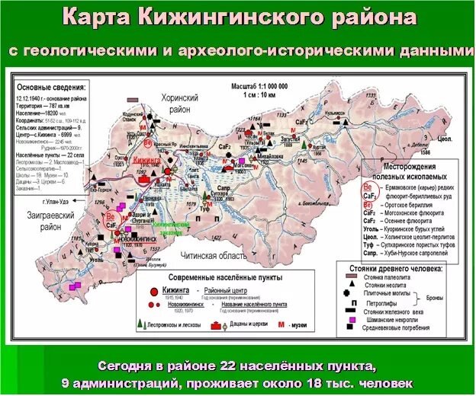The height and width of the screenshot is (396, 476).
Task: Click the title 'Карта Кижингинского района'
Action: coord(238,17)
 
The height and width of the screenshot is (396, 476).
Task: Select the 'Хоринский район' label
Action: coord(179,104)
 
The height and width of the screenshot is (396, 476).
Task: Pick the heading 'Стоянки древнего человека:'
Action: coord(402,268)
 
